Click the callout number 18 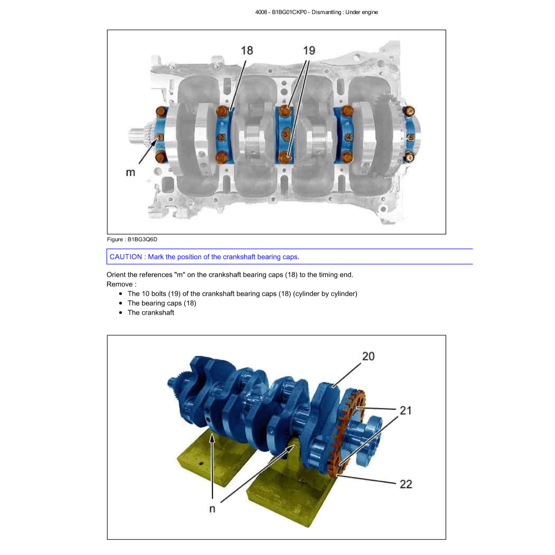247,50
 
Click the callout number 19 309,50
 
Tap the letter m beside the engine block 131,173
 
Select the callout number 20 368,356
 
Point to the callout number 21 405,410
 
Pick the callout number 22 406,484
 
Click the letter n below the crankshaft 212,509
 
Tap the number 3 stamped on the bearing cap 285,134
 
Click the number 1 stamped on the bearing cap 160,137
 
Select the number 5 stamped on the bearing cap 411,137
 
